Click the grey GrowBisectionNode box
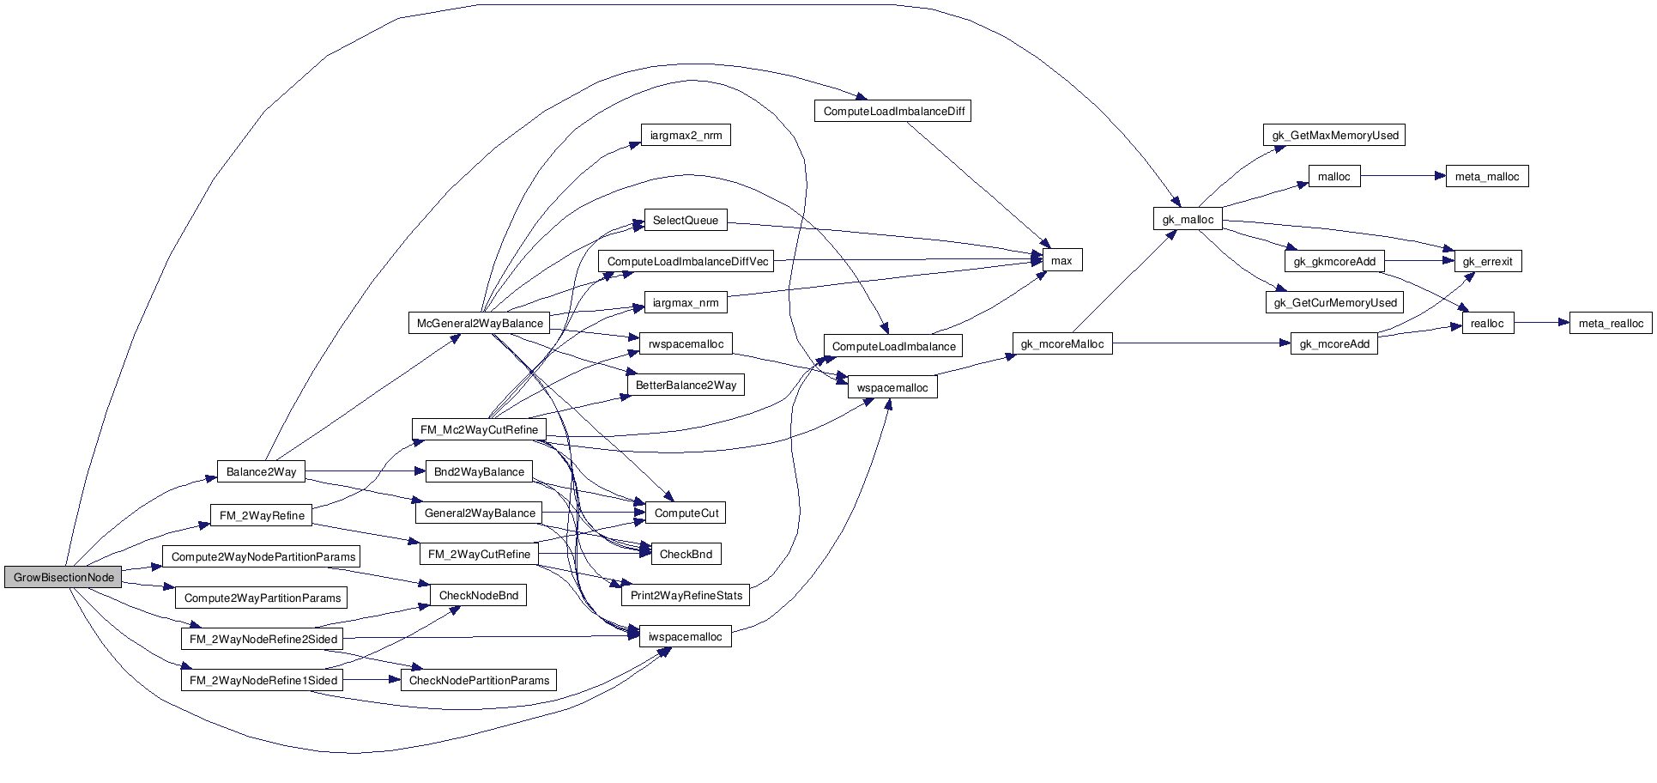pyautogui.click(x=63, y=578)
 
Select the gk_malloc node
pyautogui.click(x=1188, y=220)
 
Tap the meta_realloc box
pyautogui.click(x=1611, y=324)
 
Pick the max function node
pyautogui.click(x=1061, y=260)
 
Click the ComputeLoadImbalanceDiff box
pyautogui.click(x=893, y=112)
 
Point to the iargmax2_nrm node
pyautogui.click(x=686, y=136)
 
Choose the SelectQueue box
pyautogui.click(x=685, y=221)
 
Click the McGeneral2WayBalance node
pyautogui.click(x=480, y=324)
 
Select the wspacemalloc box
pyautogui.click(x=892, y=388)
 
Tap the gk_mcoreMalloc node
pyautogui.click(x=1062, y=344)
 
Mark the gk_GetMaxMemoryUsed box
pyautogui.click(x=1335, y=136)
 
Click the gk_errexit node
pyautogui.click(x=1487, y=262)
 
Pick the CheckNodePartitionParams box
pyautogui.click(x=479, y=681)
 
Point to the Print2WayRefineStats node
pyautogui.click(x=686, y=596)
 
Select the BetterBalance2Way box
pyautogui.click(x=686, y=385)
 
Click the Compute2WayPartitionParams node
pyautogui.click(x=263, y=598)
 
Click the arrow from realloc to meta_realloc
pyautogui.click(x=1541, y=324)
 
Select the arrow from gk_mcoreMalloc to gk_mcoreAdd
pyautogui.click(x=1201, y=344)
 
